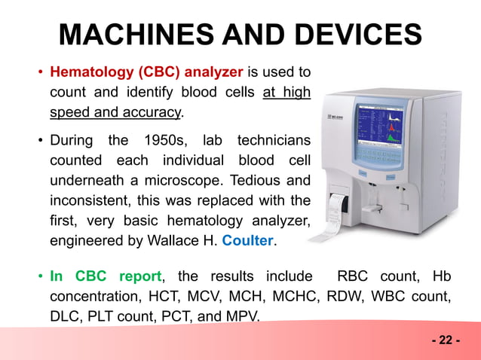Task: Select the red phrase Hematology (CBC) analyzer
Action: click(x=146, y=73)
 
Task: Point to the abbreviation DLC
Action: click(x=66, y=317)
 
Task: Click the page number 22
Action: click(x=446, y=340)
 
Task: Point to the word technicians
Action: click(x=274, y=141)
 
